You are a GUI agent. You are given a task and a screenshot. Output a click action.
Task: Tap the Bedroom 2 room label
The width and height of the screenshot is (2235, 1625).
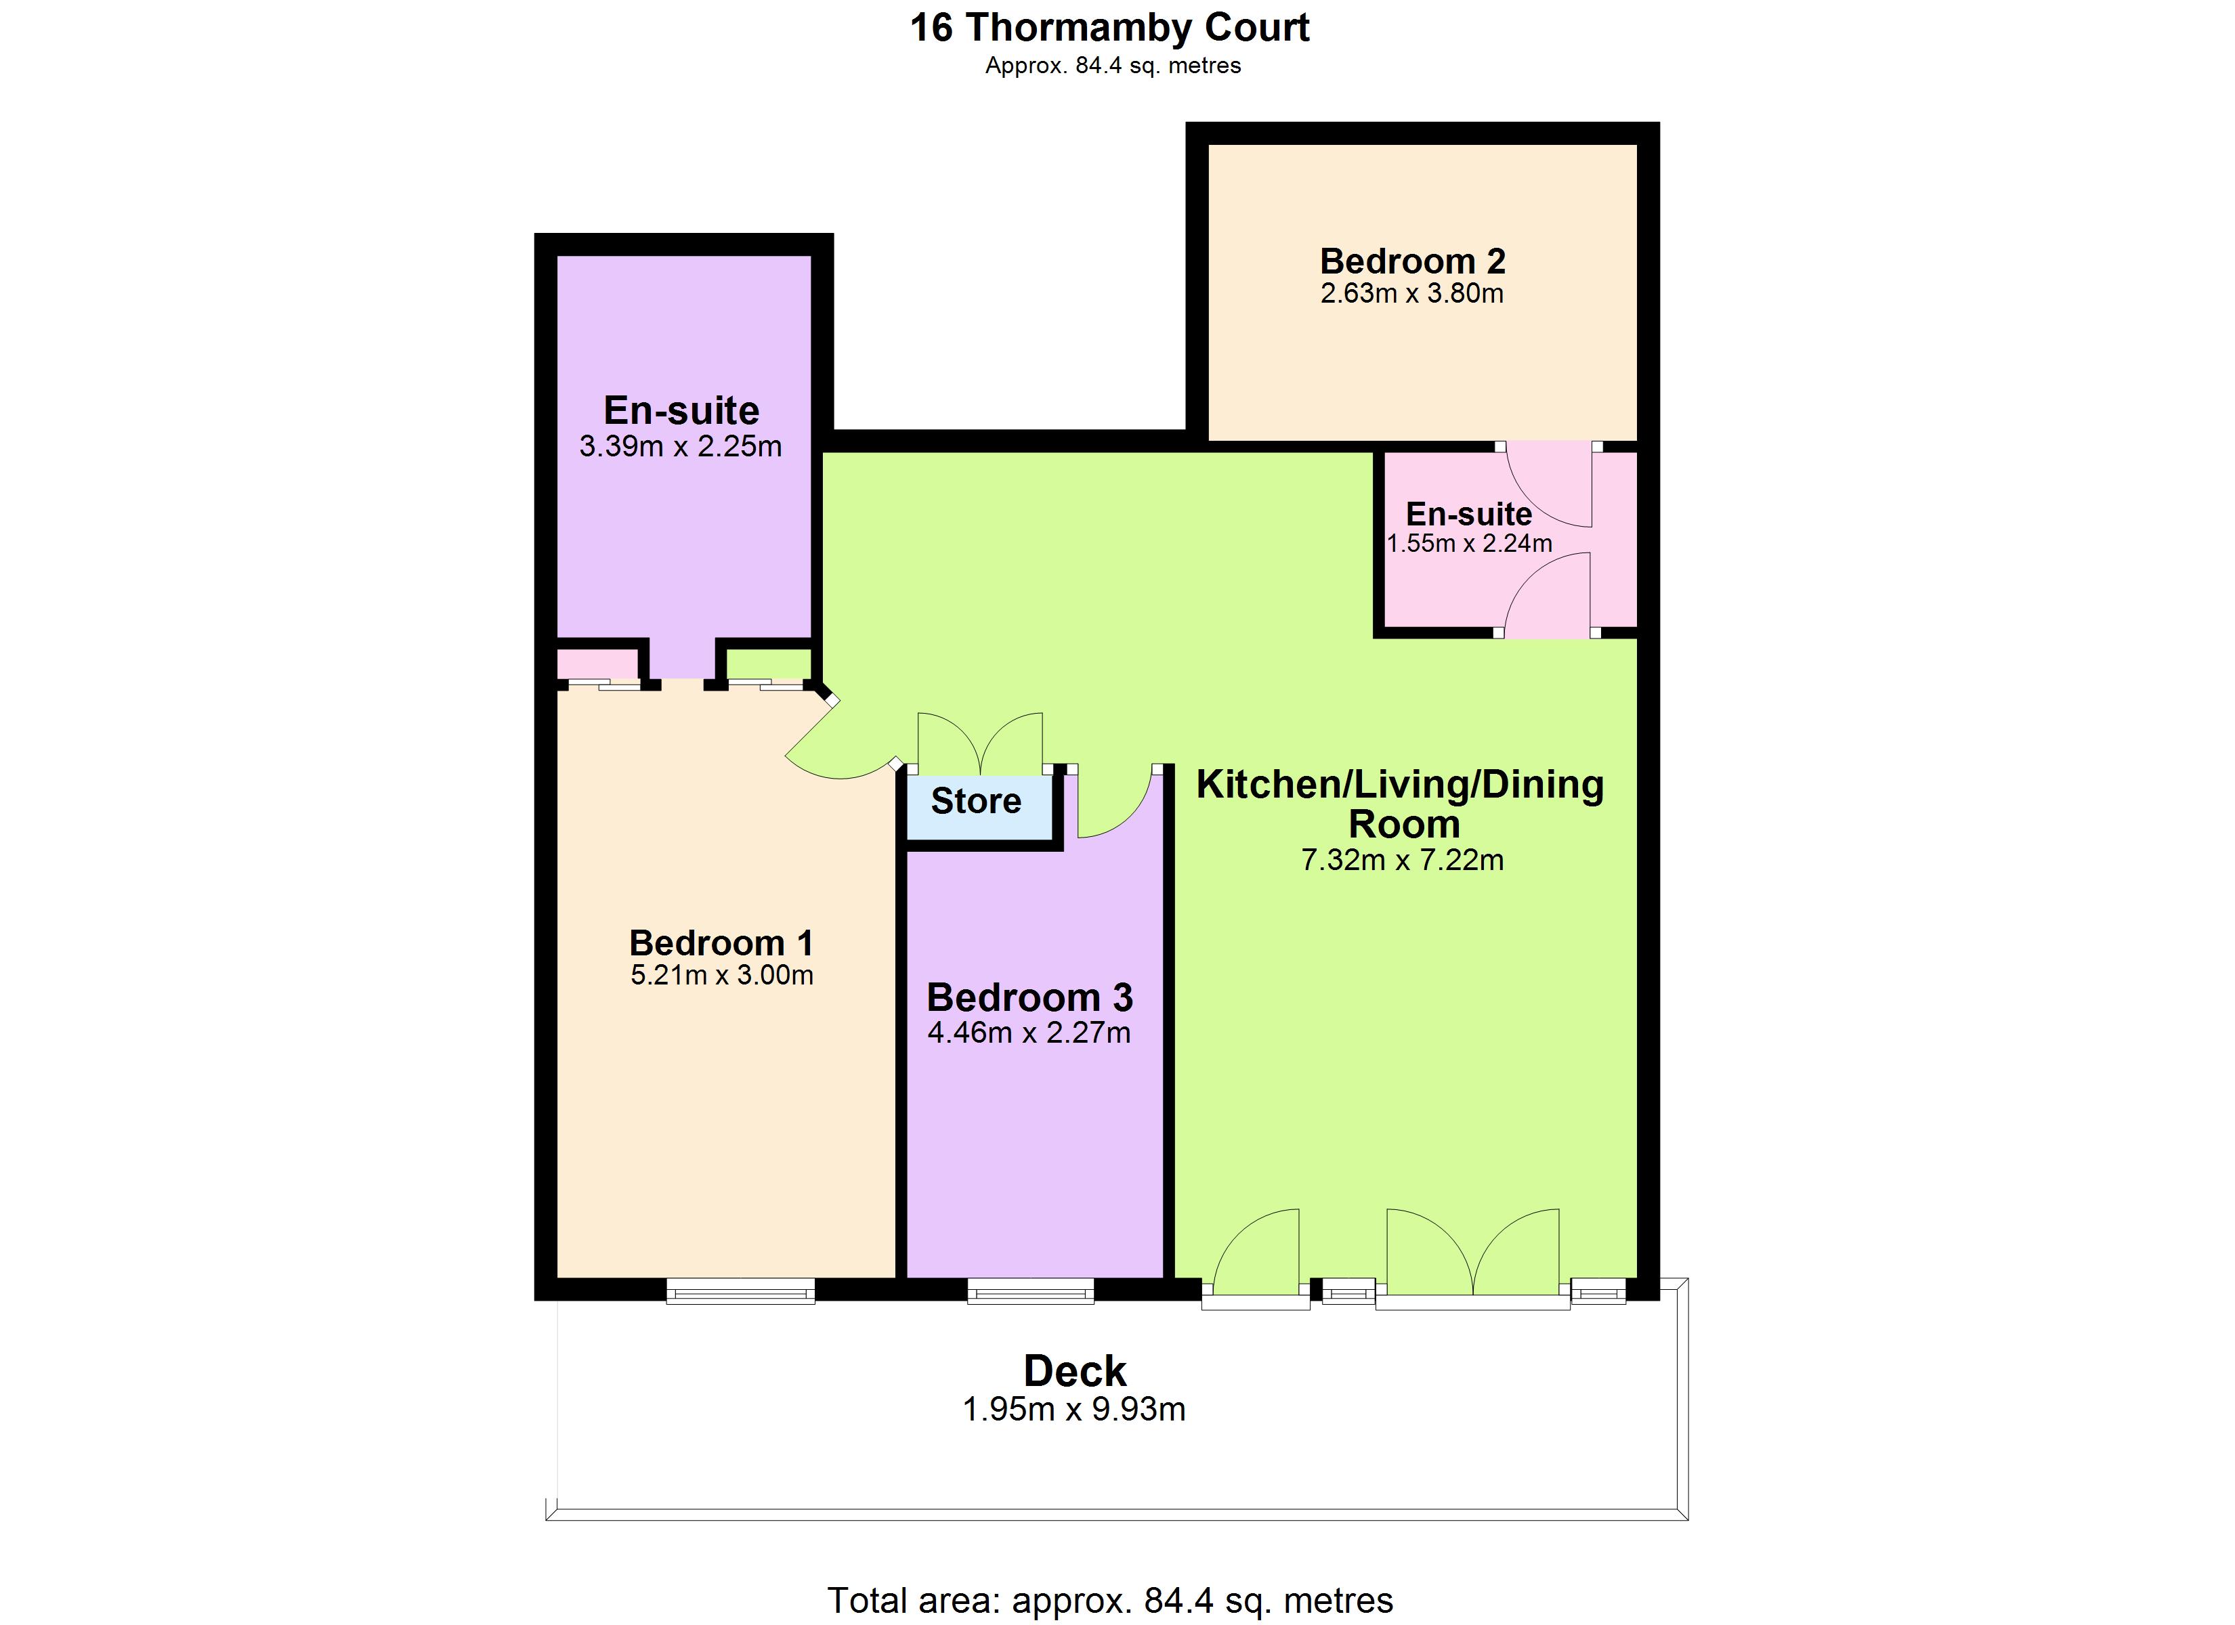1412,261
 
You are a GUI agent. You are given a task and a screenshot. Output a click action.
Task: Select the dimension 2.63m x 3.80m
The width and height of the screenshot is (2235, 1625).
1411,294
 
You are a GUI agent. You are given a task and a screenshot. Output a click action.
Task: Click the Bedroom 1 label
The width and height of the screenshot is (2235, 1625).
721,943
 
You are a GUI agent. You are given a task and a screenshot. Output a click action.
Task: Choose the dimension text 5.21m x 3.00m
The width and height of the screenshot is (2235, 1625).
721,976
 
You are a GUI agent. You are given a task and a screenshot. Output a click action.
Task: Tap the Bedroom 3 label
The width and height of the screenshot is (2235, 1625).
1030,998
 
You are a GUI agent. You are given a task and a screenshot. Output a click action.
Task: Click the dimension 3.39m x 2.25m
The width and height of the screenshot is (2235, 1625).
680,446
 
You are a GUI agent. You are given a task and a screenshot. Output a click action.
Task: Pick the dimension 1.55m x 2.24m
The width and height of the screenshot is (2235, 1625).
1468,543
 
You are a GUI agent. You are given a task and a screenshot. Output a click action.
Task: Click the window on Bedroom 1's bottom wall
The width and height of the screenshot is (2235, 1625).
740,1291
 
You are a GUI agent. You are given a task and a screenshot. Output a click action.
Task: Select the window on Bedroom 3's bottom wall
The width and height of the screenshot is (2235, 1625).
1030,1291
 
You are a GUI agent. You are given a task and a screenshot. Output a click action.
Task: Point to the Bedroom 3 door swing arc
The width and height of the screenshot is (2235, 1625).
1113,803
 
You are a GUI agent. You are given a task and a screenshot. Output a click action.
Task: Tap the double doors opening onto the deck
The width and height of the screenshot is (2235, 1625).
1472,1257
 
